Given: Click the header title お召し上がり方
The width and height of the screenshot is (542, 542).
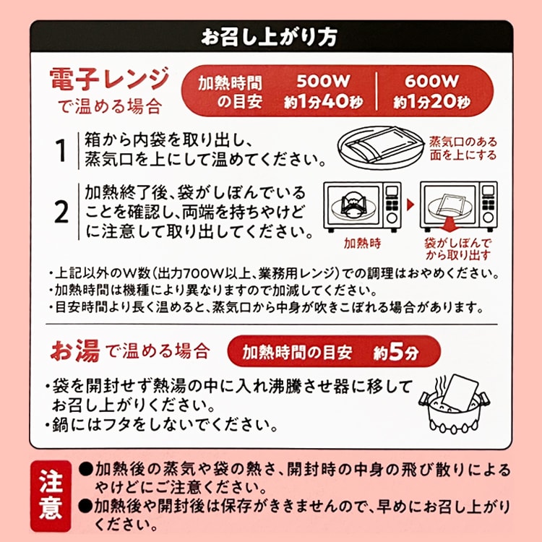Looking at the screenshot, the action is coord(269,37).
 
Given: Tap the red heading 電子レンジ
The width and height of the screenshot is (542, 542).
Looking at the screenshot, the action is coord(110,79).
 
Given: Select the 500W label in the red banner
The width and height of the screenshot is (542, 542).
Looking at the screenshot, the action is coord(324,82).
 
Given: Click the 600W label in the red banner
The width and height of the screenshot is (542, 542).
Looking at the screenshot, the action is coord(431,82).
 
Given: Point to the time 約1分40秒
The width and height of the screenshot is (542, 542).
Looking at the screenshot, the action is coord(324,101).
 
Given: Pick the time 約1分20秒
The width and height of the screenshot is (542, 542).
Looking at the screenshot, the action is coord(431,101).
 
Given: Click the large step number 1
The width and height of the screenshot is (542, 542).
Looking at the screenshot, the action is coord(61,151).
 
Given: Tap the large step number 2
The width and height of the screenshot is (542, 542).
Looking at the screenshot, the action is coord(61,212).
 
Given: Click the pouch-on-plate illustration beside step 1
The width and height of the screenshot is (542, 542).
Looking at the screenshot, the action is coord(380,148).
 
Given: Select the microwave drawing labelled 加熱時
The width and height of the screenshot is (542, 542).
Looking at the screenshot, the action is coord(362,207).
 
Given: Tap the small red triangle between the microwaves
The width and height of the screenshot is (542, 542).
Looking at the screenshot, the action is coord(410,205).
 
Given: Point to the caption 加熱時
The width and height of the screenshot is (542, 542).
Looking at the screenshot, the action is coord(362,244).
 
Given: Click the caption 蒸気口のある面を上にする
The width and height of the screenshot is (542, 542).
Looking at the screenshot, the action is coord(463,148).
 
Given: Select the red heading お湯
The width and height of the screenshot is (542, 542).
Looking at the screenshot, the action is coord(75,350).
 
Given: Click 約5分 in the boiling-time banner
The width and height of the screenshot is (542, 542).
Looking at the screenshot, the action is coord(396,352).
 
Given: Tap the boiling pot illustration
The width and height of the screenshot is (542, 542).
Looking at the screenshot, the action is coord(454,403).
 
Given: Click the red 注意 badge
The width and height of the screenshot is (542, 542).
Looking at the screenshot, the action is coord(51,496).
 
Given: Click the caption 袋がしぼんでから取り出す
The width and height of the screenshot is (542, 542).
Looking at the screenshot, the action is coord(458,249).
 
